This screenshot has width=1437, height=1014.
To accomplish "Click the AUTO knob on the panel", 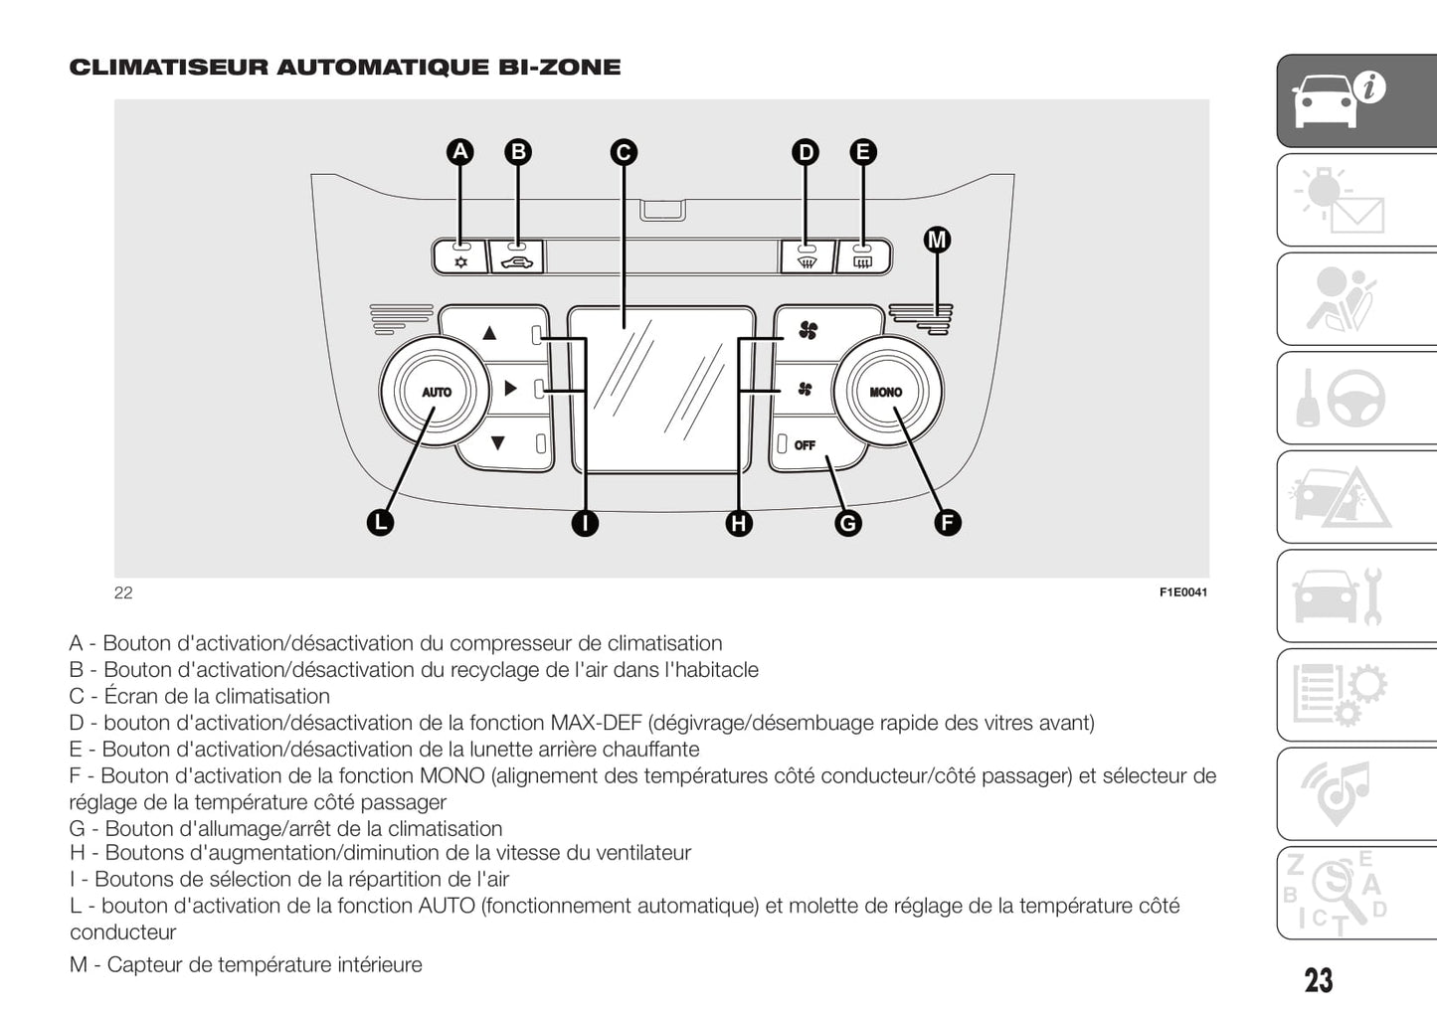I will tap(436, 392).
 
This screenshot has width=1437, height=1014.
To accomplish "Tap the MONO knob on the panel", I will tap(886, 392).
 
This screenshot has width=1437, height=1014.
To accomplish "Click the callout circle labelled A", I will tap(459, 152).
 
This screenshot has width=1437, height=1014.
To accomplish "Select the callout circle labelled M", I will tap(937, 240).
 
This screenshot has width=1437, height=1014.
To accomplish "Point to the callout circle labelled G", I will tap(847, 523).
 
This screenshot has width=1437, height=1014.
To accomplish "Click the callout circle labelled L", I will tap(380, 523).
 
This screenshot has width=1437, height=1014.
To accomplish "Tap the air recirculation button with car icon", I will tap(517, 259).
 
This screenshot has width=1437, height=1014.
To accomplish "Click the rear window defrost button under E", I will tap(863, 259).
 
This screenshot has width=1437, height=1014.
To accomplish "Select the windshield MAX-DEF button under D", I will tap(807, 259).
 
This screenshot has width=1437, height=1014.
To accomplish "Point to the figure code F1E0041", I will tap(1182, 592).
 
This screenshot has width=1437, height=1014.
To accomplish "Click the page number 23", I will tap(1318, 980).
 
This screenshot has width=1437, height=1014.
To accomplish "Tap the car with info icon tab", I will tap(1356, 100).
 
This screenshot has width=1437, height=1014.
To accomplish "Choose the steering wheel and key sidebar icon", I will tap(1356, 398).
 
